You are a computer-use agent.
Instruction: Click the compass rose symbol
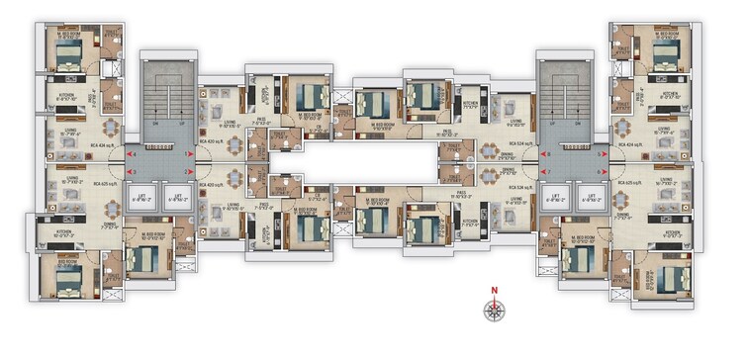pyautogui.click(x=493, y=310)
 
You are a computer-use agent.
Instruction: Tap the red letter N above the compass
pyautogui.click(x=493, y=290)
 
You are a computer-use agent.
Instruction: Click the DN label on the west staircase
pyautogui.click(x=154, y=124)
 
